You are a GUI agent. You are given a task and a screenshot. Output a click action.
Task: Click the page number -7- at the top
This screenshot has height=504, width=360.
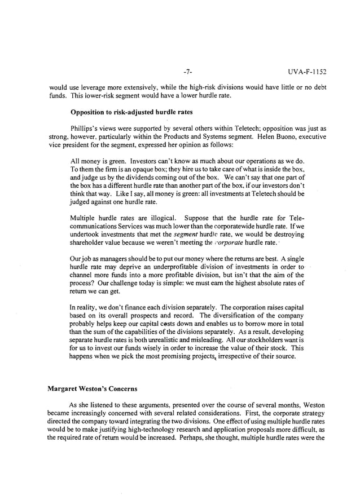(x=188, y=72)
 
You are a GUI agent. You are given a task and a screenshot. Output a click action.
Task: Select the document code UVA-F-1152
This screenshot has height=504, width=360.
(x=307, y=72)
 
